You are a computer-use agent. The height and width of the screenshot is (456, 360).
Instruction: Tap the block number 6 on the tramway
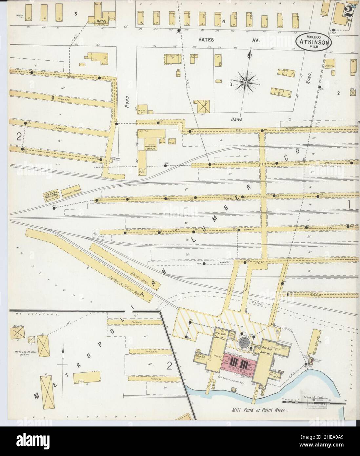click(x=52, y=97)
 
